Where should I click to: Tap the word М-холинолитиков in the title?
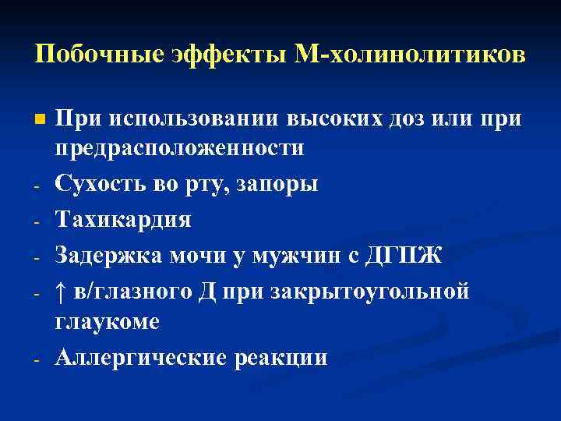[405, 55]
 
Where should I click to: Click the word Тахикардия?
[123, 220]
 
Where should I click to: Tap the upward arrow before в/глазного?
[63, 292]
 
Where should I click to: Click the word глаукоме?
[108, 320]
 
